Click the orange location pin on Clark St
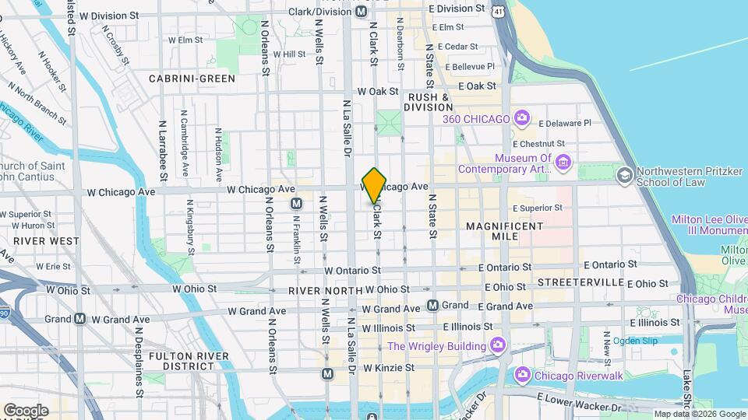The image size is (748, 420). point(375,185)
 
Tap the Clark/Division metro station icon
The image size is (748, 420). point(361,12)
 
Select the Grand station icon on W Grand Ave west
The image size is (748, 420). point(79,319)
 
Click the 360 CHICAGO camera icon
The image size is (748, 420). point(522,119)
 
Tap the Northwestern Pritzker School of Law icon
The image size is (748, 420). point(623,176)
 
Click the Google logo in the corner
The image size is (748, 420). point(26,410)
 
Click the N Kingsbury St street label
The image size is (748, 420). point(190,225)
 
